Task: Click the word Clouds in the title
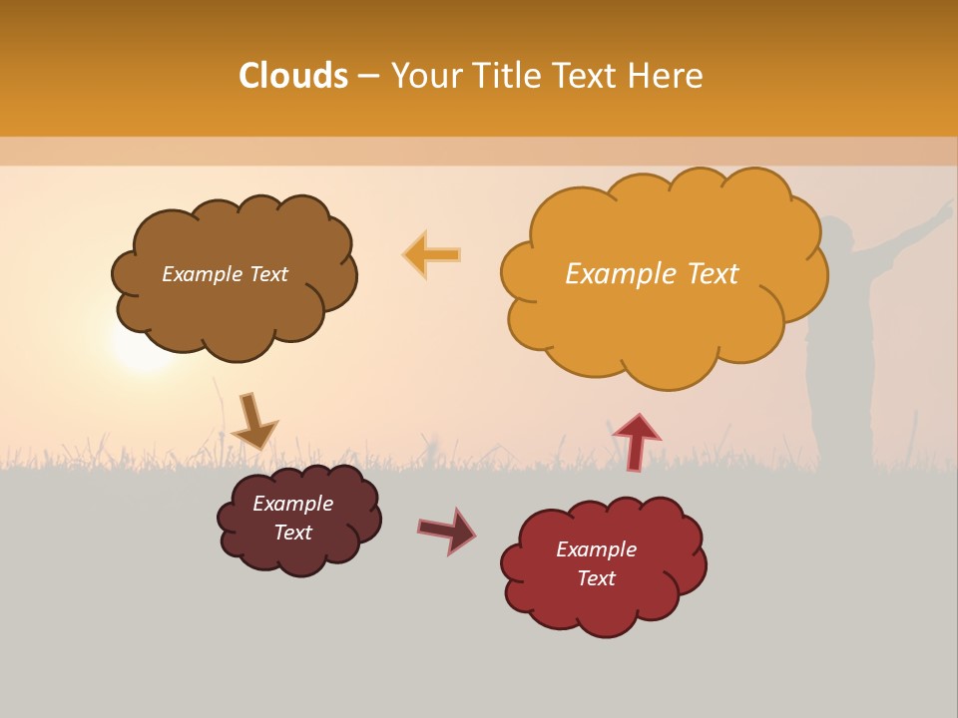click(293, 76)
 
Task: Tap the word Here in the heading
click(669, 76)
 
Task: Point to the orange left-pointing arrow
click(432, 255)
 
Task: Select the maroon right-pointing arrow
click(447, 530)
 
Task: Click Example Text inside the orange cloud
click(652, 274)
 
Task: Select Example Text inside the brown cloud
click(225, 274)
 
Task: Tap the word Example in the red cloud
click(596, 549)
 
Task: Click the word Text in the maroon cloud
click(293, 533)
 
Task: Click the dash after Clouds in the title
click(367, 76)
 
